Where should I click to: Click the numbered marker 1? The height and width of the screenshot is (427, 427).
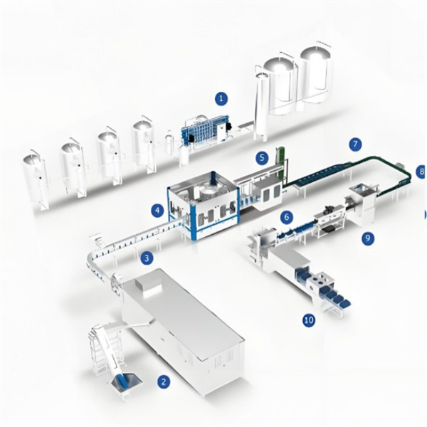(221, 98)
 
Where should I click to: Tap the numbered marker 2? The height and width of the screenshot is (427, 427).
(164, 381)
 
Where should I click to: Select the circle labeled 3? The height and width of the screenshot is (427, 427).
(147, 258)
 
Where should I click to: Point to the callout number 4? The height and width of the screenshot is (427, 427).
(159, 210)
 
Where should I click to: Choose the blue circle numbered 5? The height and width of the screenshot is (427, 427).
(262, 157)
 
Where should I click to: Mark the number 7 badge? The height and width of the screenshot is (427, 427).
(355, 144)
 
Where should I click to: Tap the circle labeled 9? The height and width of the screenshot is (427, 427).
(369, 238)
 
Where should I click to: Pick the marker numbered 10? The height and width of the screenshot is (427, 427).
(309, 320)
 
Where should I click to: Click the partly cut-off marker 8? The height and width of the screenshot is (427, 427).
(422, 172)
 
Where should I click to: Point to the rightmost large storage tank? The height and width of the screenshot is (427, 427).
(317, 78)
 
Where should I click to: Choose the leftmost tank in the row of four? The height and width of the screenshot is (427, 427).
(35, 181)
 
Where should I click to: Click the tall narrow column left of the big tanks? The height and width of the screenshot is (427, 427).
(261, 107)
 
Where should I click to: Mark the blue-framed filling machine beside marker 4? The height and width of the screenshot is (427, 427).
(204, 206)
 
